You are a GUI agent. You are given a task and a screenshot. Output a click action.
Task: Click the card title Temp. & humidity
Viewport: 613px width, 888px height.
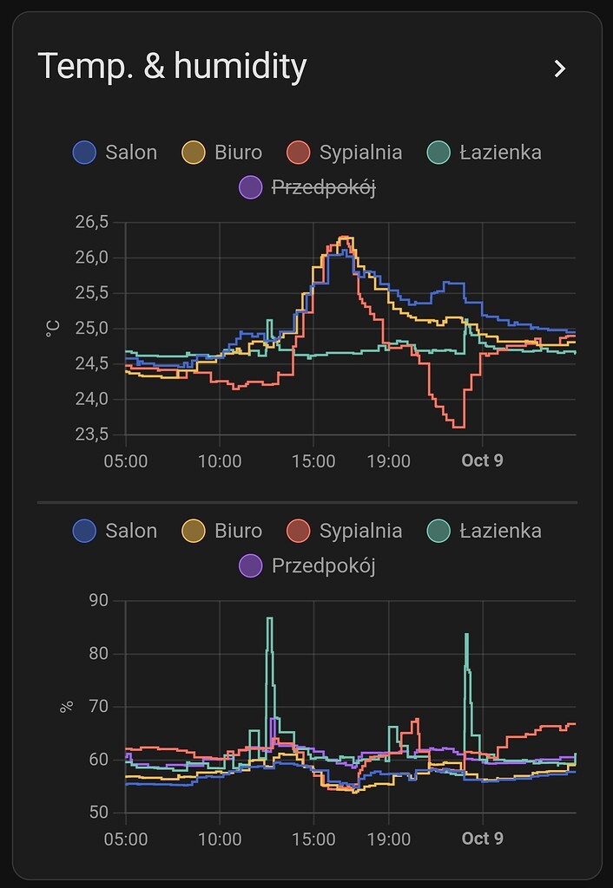(172, 67)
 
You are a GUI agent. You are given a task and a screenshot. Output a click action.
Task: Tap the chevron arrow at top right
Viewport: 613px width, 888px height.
(560, 69)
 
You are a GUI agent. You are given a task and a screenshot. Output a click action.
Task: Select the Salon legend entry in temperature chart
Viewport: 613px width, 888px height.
(115, 153)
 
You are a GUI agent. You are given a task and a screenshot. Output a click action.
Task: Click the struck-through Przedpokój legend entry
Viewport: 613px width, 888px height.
(308, 187)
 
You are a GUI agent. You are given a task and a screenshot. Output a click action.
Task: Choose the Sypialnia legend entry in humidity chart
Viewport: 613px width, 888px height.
(345, 531)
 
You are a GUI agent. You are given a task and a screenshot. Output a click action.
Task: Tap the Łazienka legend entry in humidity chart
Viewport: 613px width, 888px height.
(485, 531)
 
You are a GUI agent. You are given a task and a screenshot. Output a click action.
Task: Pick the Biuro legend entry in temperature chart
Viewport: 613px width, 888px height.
(221, 153)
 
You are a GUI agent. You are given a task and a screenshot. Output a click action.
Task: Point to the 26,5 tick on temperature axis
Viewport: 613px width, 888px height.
(92, 222)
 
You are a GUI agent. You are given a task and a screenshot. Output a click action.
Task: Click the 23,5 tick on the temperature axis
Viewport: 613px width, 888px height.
(92, 434)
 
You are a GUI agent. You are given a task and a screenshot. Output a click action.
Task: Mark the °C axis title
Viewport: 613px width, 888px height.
(53, 329)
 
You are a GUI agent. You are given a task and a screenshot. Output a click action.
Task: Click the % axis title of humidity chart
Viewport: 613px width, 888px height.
(66, 707)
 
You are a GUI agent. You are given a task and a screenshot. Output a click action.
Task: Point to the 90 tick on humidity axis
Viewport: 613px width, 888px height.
(99, 601)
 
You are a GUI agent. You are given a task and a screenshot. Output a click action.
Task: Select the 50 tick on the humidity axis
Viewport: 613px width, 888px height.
(99, 813)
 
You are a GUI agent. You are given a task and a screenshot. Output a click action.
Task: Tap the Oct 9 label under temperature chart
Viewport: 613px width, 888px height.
(482, 460)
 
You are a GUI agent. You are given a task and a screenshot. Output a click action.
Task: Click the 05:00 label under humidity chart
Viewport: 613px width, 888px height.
(126, 839)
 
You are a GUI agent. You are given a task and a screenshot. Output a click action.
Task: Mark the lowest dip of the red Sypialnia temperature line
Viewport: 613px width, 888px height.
(458, 426)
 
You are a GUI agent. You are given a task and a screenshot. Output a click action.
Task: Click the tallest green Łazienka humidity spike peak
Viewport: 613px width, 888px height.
(269, 618)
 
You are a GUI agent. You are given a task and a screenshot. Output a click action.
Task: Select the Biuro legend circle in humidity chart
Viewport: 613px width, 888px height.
(193, 531)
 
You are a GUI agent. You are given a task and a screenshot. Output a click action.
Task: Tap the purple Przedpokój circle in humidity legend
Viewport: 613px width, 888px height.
(250, 566)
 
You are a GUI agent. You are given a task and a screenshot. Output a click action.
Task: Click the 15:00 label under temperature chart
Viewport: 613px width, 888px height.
(313, 460)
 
